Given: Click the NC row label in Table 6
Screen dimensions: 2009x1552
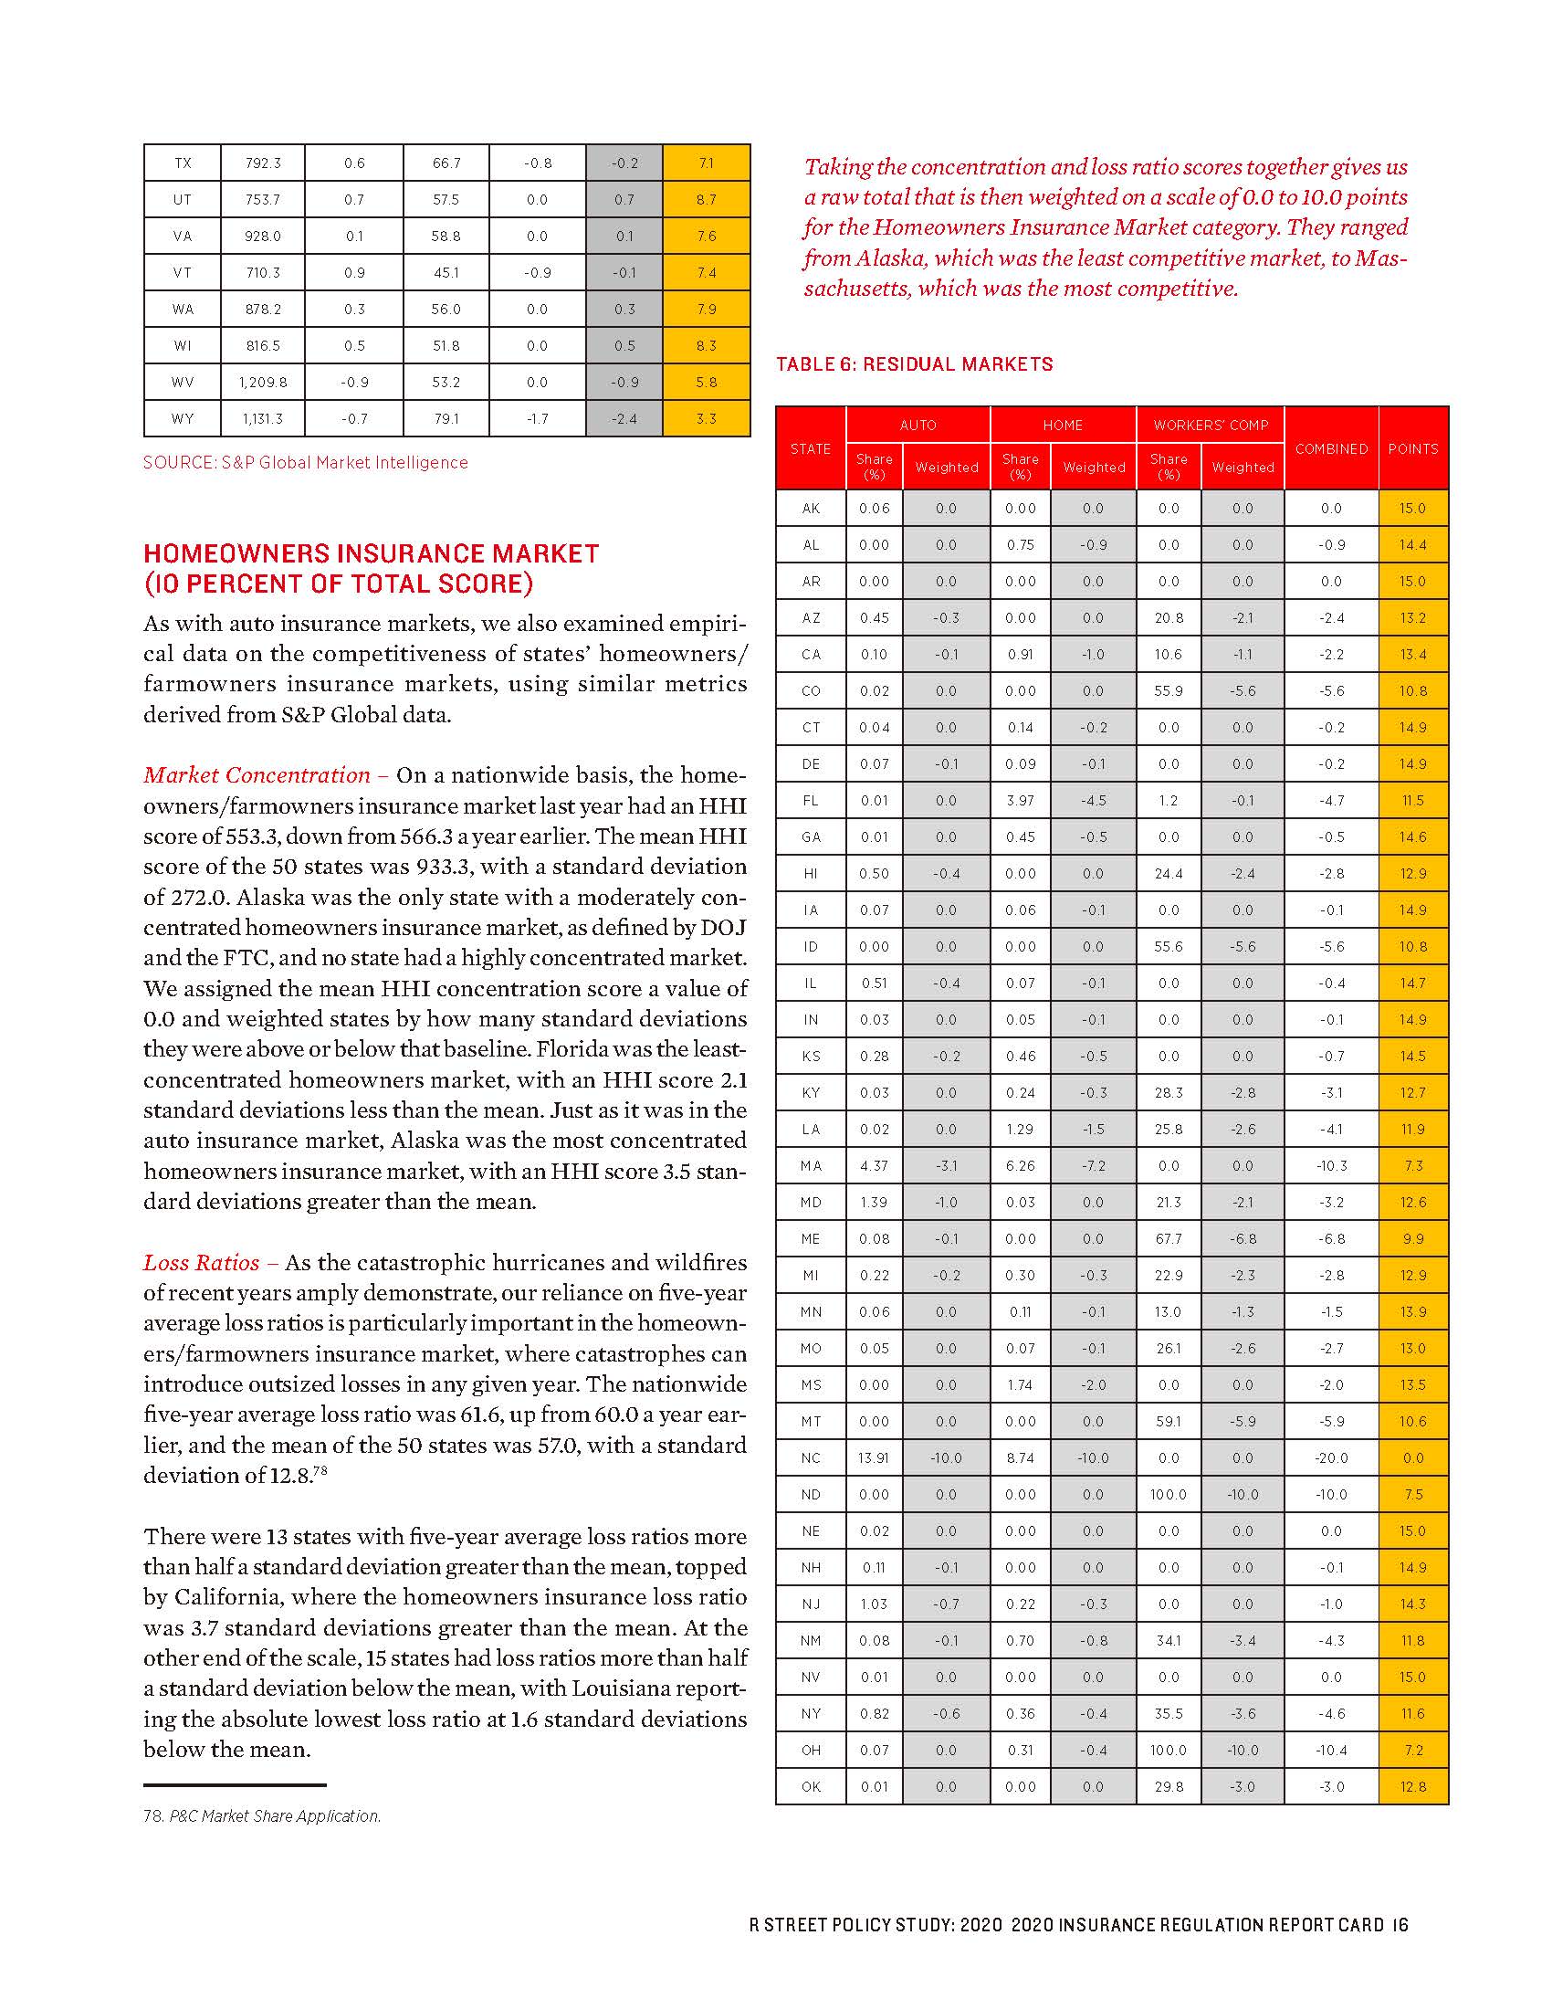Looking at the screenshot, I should tap(810, 1458).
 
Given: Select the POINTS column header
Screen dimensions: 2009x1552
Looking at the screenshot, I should tap(1412, 448).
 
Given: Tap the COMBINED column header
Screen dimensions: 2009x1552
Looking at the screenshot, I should tap(1330, 448).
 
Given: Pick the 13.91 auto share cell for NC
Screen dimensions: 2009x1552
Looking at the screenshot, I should tap(874, 1458).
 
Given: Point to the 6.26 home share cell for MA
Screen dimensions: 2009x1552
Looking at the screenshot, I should tap(1020, 1165).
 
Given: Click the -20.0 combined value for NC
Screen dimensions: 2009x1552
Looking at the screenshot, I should tap(1330, 1458).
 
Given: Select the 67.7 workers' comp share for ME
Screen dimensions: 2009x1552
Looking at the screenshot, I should tap(1168, 1239).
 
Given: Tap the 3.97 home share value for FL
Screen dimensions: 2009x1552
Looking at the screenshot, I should tap(1020, 800).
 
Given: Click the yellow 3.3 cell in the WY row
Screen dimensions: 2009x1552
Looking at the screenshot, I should tap(705, 418).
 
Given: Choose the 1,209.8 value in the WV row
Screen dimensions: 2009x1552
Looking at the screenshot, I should tap(262, 382).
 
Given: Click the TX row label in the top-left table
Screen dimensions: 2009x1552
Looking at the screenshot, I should tap(182, 163).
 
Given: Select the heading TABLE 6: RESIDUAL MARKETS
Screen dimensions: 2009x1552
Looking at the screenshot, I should tap(914, 364).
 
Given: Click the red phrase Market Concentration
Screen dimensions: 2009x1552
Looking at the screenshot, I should tap(257, 775).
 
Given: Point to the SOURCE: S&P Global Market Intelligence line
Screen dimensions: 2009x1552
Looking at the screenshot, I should tap(305, 463).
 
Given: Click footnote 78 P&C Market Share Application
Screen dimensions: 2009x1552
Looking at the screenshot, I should tap(262, 1815).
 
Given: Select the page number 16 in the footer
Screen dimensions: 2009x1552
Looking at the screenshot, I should tap(1400, 1924).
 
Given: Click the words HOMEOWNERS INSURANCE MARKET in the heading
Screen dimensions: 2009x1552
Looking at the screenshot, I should tap(372, 553).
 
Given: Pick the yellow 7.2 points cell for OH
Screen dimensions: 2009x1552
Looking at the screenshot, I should tap(1412, 1751).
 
